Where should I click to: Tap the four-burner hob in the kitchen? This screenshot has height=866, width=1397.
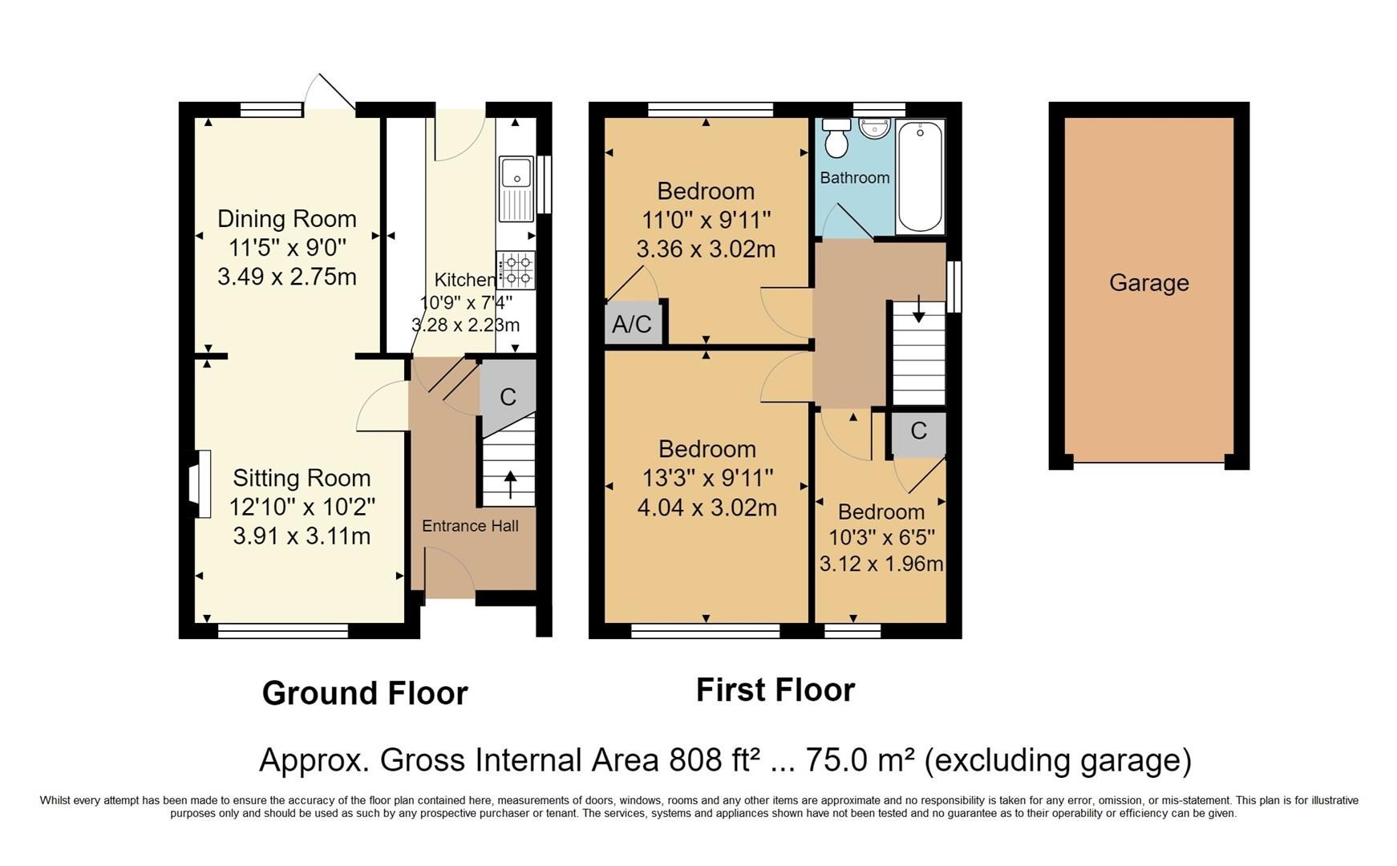tap(516, 270)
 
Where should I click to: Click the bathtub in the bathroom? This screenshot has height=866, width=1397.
tap(920, 176)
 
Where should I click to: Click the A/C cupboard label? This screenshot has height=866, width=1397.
tap(632, 325)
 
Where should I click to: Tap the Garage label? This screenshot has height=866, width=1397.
tap(1148, 282)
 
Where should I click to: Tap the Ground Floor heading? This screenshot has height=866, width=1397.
tap(365, 694)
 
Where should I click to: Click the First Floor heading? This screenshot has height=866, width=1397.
tap(775, 690)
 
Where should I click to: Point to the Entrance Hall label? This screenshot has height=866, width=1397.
tap(470, 526)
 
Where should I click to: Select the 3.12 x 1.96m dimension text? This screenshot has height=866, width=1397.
tap(881, 564)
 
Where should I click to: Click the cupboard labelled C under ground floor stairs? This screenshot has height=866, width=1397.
tap(508, 397)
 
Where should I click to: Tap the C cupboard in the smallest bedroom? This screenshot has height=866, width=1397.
tap(918, 431)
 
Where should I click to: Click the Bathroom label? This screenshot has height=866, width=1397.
tap(854, 178)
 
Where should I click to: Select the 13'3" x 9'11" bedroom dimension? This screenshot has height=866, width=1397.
tap(707, 478)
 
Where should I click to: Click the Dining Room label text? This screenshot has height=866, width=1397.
tap(286, 219)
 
